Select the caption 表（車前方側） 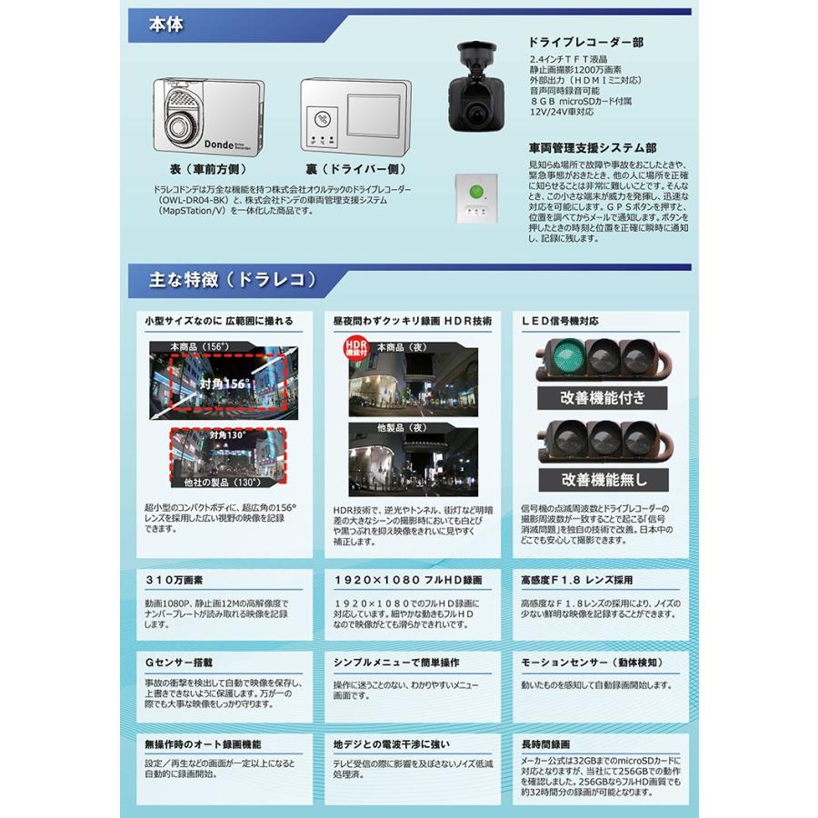[x=202, y=169]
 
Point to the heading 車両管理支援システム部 [x=592, y=146]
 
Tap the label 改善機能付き [x=601, y=397]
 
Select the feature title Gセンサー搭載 [x=179, y=663]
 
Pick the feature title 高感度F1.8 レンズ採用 [x=577, y=580]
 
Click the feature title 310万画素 [x=173, y=580]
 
